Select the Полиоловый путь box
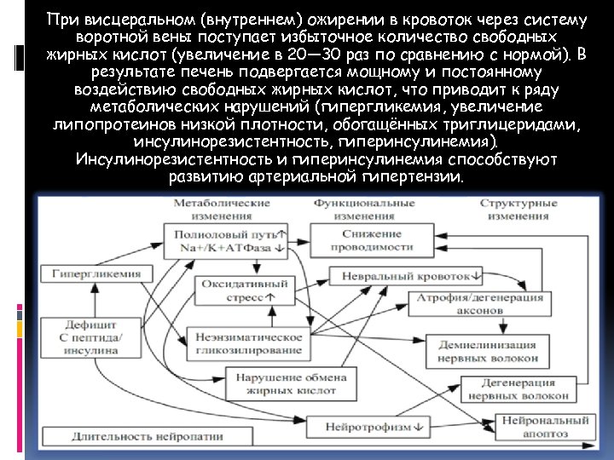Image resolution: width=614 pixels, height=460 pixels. point(229,239)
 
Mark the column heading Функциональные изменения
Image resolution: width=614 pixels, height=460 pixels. point(364,210)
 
